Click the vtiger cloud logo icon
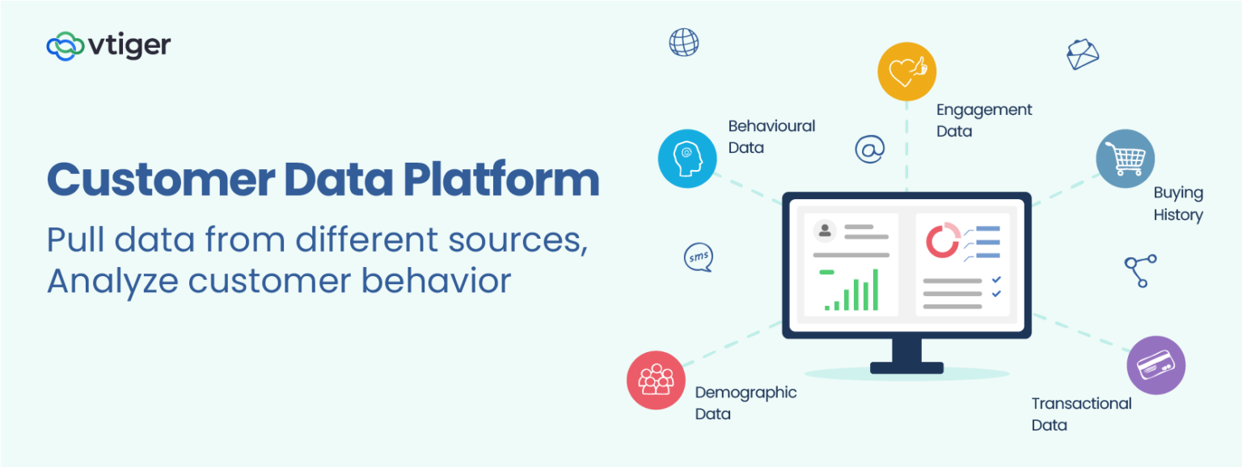[x=65, y=46]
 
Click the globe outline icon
[x=683, y=42]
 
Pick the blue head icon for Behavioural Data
[x=686, y=158]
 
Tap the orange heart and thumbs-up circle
[x=906, y=71]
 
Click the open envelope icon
[x=1082, y=54]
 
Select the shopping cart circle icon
[x=1125, y=159]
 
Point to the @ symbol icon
[x=869, y=149]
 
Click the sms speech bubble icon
[x=698, y=257]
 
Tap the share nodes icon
[x=1140, y=270]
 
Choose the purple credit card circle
[x=1155, y=365]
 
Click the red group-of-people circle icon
[x=656, y=380]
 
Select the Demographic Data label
[x=746, y=403]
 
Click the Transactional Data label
[x=1081, y=414]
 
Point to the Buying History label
[x=1178, y=204]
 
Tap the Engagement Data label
[x=984, y=120]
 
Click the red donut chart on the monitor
[x=942, y=241]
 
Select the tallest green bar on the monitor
[x=874, y=290]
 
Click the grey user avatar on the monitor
[x=825, y=231]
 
